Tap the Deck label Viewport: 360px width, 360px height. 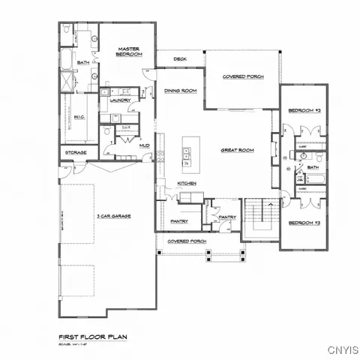pos(180,58)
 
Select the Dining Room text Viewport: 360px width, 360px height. pos(180,91)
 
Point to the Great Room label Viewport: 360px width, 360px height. pos(237,151)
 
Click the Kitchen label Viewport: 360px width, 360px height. pos(187,184)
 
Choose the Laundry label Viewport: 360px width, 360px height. pos(121,100)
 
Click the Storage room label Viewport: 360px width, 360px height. pos(76,153)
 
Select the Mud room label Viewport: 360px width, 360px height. pos(143,145)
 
